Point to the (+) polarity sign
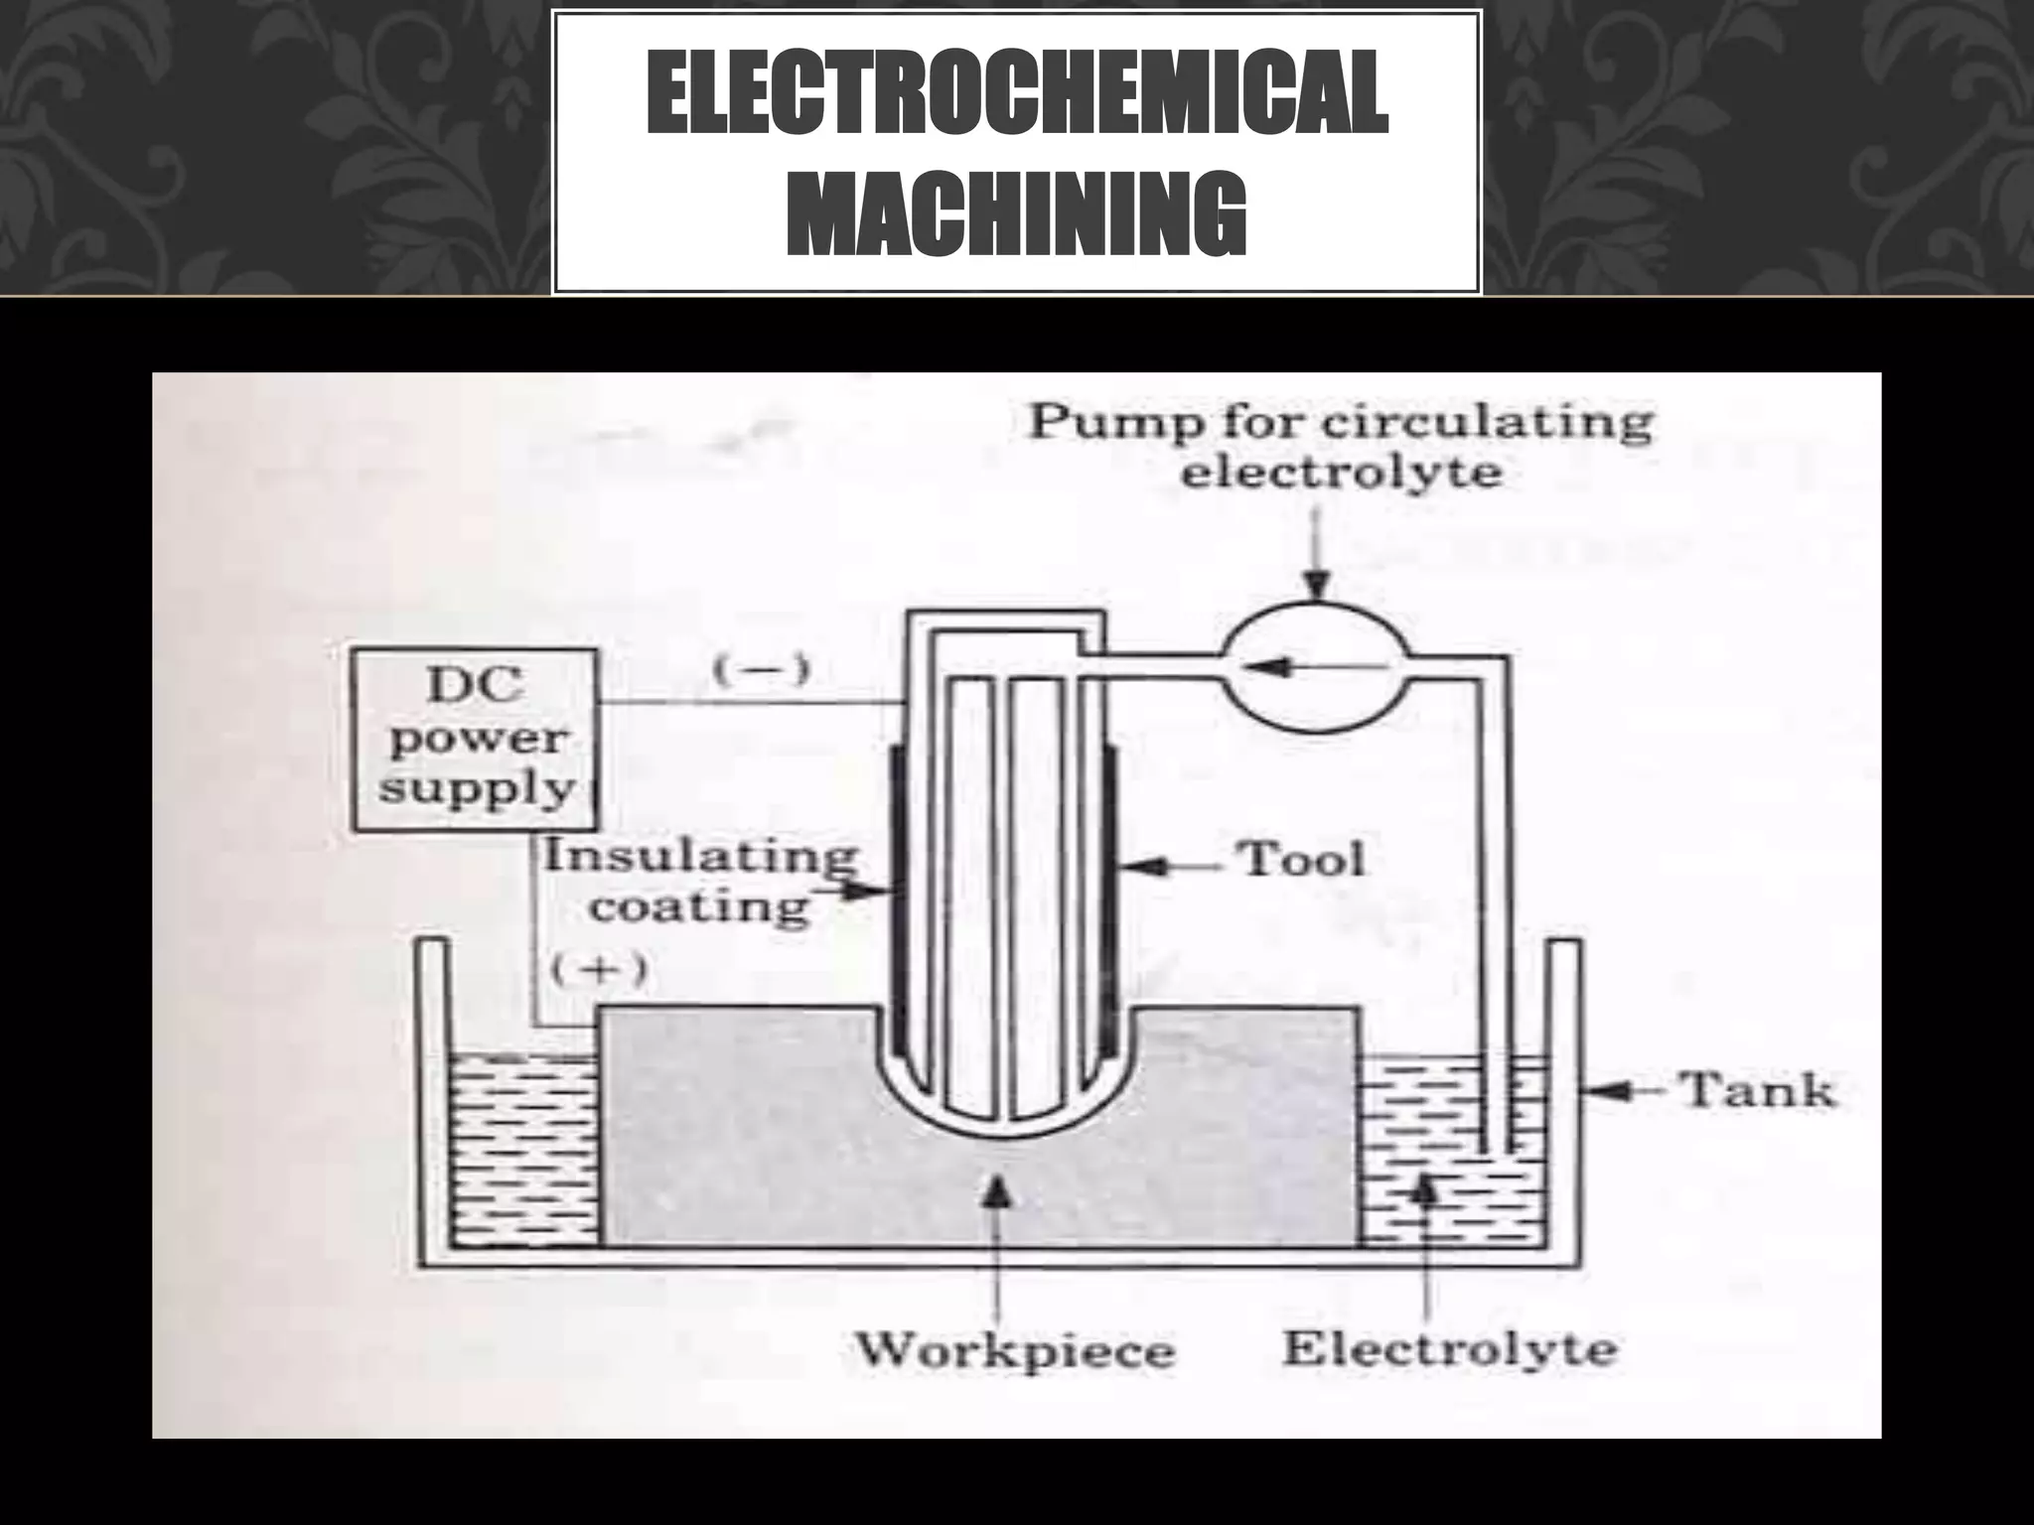(600, 969)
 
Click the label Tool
(1300, 859)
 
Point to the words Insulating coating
(701, 881)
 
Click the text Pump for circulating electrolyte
(1340, 446)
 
